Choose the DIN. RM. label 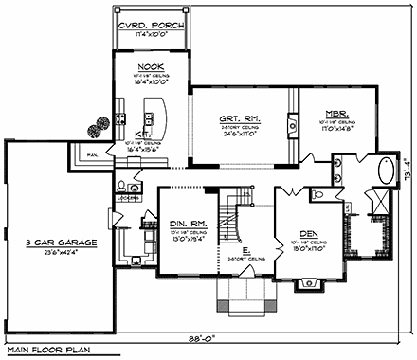point(190,224)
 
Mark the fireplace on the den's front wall point(306,282)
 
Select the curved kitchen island point(159,117)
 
